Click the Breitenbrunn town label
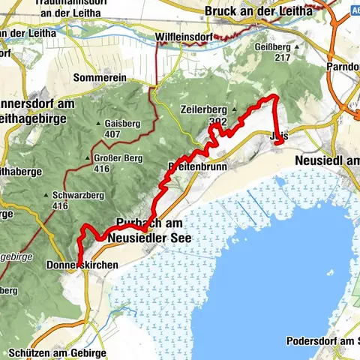click(196, 167)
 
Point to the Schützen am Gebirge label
click(58, 352)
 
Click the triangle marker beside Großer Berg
click(94, 158)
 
